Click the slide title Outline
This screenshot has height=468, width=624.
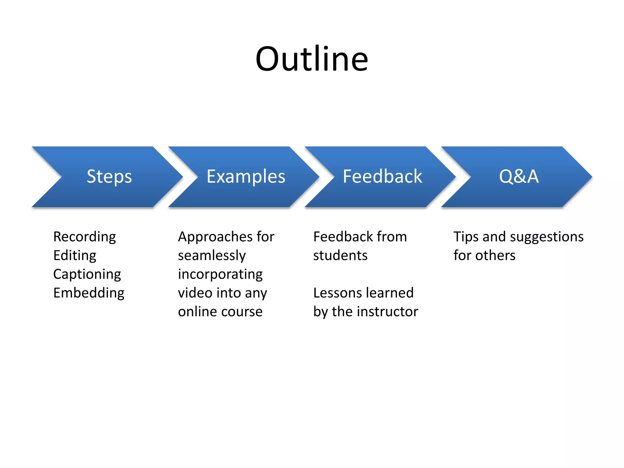click(312, 58)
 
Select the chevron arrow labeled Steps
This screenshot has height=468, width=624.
click(109, 177)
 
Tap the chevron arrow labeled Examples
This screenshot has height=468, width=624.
click(246, 177)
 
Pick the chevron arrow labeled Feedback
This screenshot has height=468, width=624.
click(382, 177)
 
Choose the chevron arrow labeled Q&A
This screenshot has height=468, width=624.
click(519, 177)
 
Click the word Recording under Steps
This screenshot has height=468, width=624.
click(84, 237)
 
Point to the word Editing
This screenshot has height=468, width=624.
click(75, 256)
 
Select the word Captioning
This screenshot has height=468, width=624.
click(87, 275)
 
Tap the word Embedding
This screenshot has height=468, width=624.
click(89, 293)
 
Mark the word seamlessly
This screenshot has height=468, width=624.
click(212, 256)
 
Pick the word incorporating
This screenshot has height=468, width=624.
click(220, 275)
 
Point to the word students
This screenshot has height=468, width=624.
click(340, 256)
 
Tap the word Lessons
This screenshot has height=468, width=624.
click(337, 293)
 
